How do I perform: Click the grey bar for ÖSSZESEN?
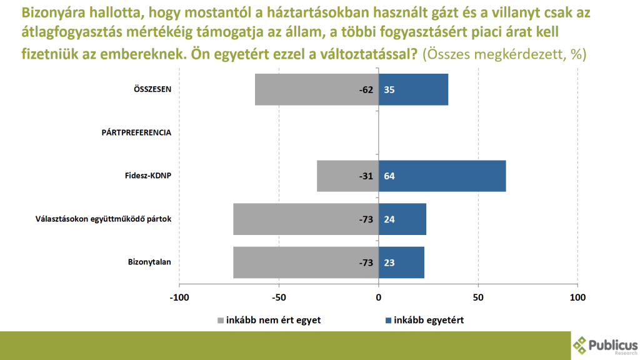click(x=306, y=89)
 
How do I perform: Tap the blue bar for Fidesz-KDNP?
click(x=450, y=176)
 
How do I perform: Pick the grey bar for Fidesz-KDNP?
click(x=341, y=176)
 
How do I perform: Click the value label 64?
click(x=389, y=176)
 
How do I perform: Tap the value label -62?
click(x=366, y=90)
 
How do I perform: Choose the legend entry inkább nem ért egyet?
click(x=269, y=320)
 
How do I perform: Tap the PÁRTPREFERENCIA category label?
click(x=136, y=132)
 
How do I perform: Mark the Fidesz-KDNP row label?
click(x=149, y=176)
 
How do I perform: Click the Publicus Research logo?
click(x=605, y=344)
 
